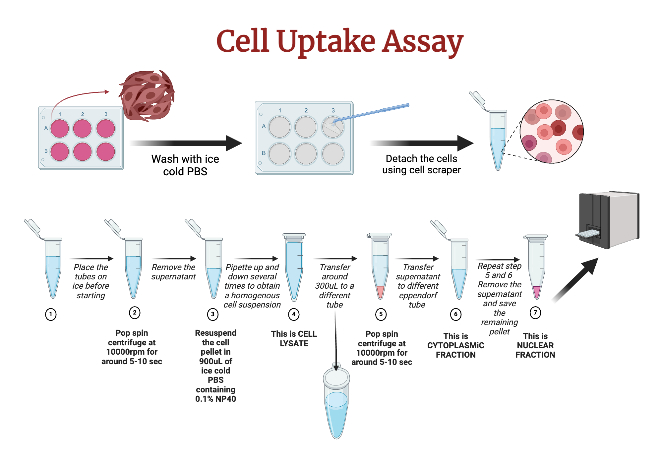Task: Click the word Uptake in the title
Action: point(326,41)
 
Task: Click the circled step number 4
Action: point(294,314)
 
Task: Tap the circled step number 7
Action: point(535,312)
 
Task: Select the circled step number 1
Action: point(51,314)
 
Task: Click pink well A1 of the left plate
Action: point(60,129)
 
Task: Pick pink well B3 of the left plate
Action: point(106,151)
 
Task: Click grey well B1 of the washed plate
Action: point(279,154)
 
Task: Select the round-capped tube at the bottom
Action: point(336,403)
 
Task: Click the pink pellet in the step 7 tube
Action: point(536,291)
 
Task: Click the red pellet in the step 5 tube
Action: point(380,291)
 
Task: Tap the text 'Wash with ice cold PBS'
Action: point(185,165)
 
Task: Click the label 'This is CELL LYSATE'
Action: point(294,338)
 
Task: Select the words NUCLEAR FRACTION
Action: point(535,350)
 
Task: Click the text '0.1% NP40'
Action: point(215,399)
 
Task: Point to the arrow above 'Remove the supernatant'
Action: point(174,259)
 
